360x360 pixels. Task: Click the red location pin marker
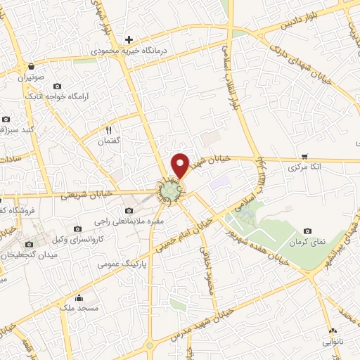(x=181, y=164)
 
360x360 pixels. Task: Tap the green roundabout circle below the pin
(x=169, y=191)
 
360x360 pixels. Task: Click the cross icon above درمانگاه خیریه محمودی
(x=128, y=39)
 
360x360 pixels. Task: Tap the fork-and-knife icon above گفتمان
(x=108, y=130)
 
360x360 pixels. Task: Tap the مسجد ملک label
(x=79, y=308)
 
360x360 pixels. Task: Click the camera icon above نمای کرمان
(x=307, y=231)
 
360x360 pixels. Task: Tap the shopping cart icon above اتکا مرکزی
(x=304, y=156)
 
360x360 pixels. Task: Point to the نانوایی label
(x=332, y=341)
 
